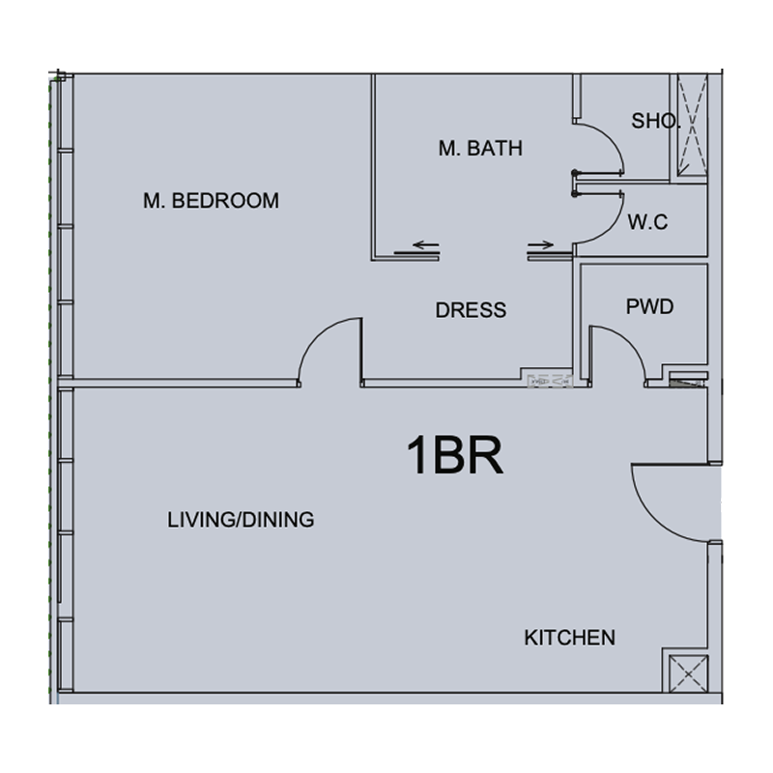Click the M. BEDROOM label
[211, 201]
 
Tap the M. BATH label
[480, 149]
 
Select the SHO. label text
[654, 122]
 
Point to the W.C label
[647, 222]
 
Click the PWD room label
[649, 307]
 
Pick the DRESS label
[471, 310]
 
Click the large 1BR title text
[454, 457]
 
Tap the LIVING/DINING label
[241, 520]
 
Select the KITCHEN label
[569, 638]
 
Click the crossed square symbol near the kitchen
[685, 673]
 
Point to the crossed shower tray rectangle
[692, 126]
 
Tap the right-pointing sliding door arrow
[542, 245]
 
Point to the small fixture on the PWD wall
[687, 380]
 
